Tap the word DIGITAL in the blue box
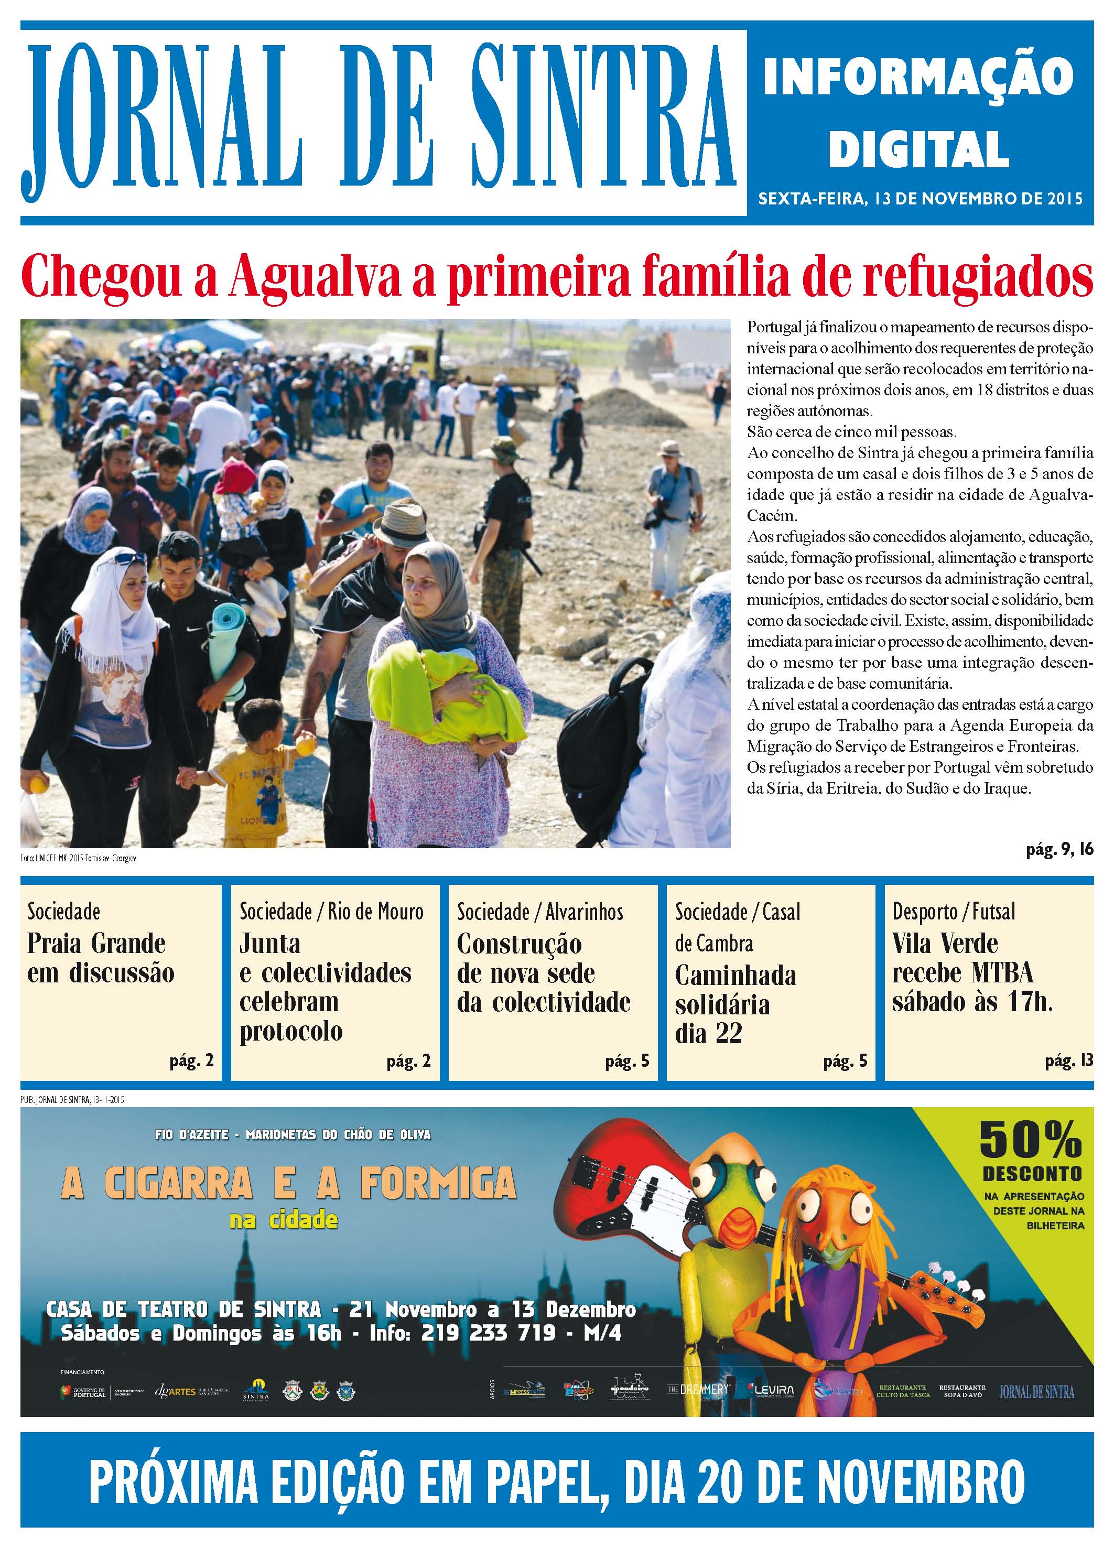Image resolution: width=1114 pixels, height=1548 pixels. tap(919, 149)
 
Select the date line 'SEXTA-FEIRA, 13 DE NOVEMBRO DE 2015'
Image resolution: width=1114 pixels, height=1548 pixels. tap(920, 199)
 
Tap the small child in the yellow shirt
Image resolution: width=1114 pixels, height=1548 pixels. tap(253, 771)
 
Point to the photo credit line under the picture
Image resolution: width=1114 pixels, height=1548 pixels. tap(79, 858)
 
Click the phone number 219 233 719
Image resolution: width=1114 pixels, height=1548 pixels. tap(488, 1333)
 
